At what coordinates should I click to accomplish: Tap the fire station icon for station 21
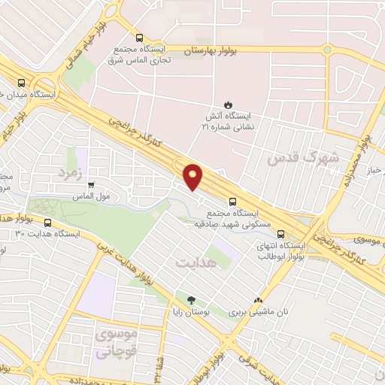227,104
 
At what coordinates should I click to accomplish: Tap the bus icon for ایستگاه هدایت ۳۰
49,223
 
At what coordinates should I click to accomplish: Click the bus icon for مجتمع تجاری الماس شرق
138,37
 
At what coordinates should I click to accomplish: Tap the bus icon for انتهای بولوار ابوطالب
280,234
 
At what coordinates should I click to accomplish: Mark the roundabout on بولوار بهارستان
327,50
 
